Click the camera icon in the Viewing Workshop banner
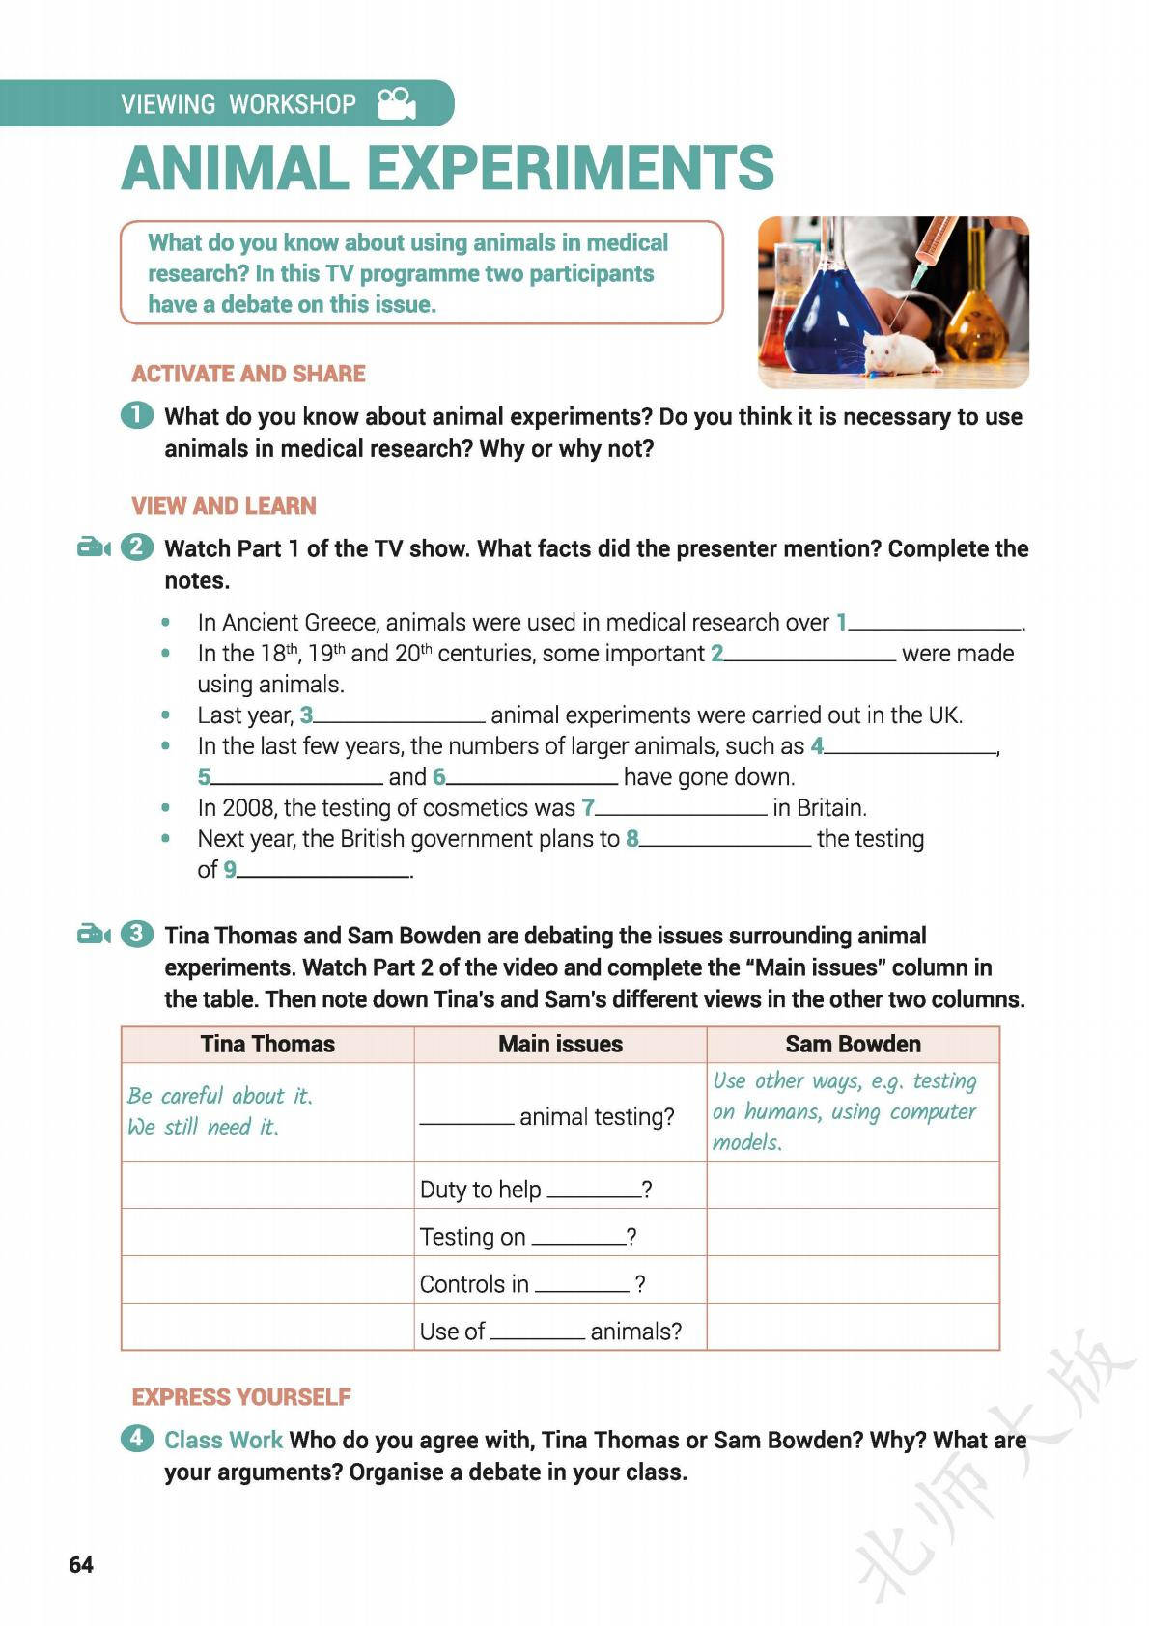click(x=396, y=103)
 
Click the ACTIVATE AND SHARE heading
click(x=248, y=374)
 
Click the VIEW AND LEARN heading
click(x=224, y=506)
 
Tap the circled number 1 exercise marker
click(x=137, y=416)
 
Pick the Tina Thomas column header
click(x=267, y=1044)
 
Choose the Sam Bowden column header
click(x=853, y=1044)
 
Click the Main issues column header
click(x=560, y=1044)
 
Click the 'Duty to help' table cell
click(x=560, y=1189)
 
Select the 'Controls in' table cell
click(x=560, y=1283)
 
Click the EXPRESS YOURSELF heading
click(x=241, y=1397)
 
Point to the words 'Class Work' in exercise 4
click(x=223, y=1440)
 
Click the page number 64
click(x=81, y=1564)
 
